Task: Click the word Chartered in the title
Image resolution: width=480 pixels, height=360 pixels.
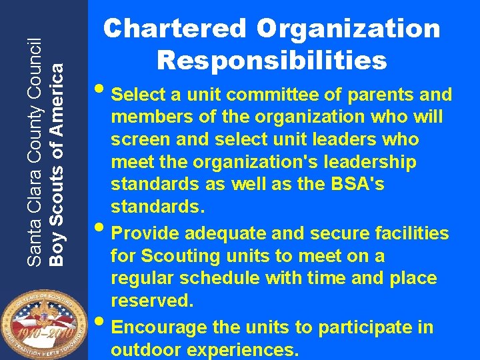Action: [x=175, y=29]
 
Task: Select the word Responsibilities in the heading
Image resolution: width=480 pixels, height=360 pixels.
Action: [x=271, y=60]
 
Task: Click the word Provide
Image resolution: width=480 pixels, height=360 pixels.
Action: [x=147, y=233]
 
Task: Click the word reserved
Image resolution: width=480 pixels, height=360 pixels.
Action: [x=152, y=301]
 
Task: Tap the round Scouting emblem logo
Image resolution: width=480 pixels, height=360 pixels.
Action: [x=42, y=320]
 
